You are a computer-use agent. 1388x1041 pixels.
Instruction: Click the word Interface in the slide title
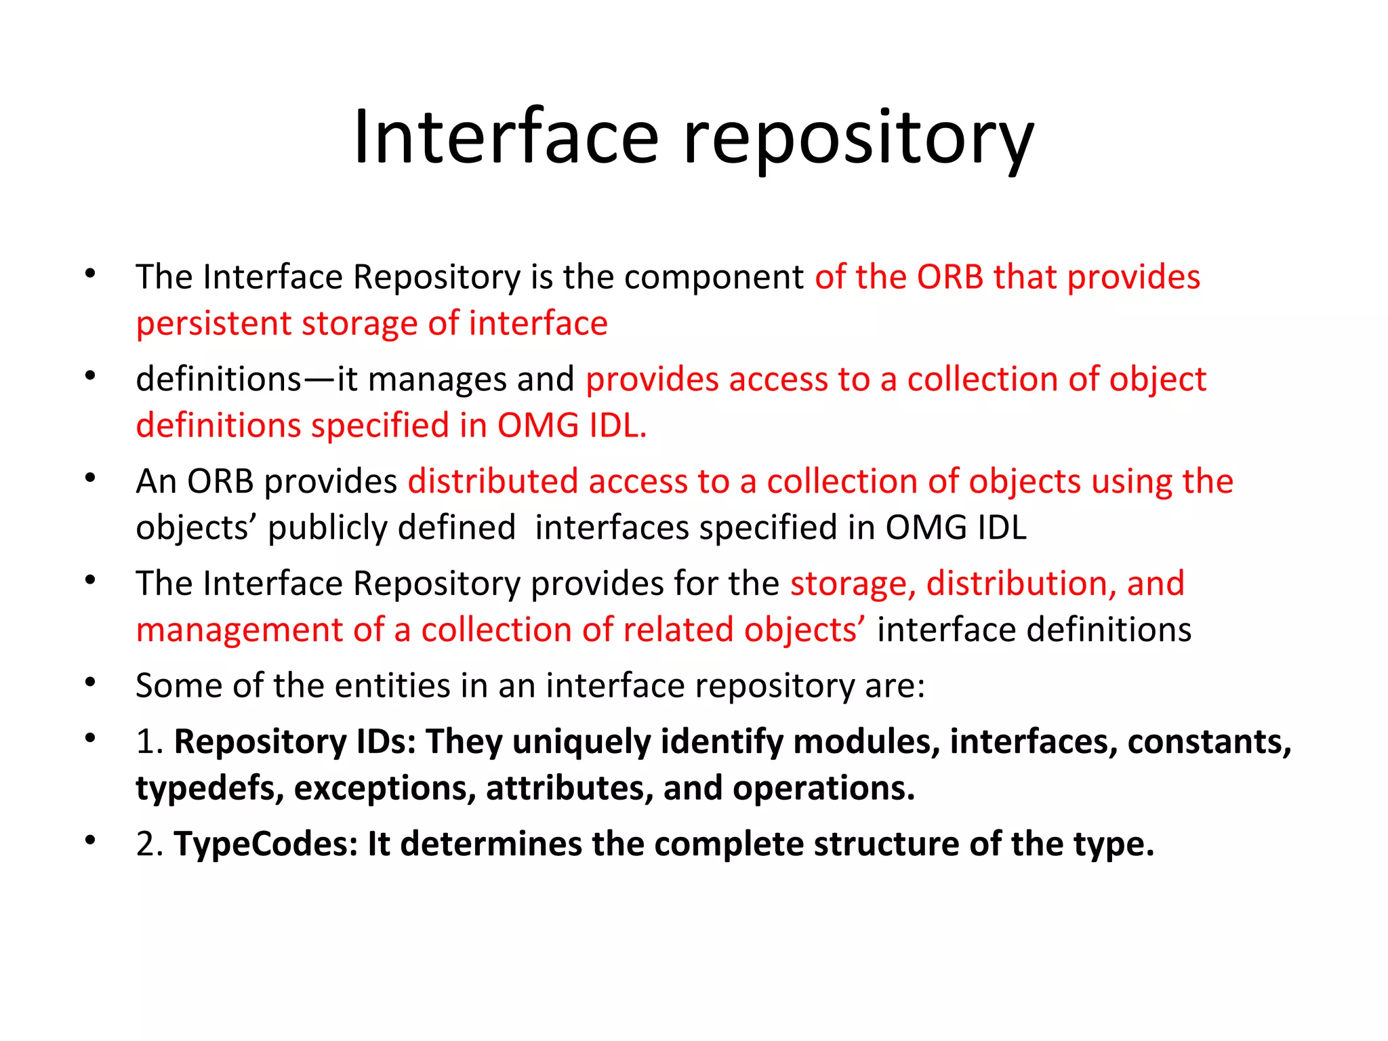[506, 138]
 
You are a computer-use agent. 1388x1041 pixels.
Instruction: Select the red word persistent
[213, 324]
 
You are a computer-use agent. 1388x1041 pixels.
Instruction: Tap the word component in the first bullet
[714, 278]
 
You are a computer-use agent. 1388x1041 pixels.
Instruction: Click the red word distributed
[493, 482]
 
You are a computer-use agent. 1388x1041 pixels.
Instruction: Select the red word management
[239, 630]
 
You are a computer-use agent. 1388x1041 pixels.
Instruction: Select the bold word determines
[491, 844]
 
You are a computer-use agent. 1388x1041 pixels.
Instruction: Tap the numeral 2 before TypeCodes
[145, 844]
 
